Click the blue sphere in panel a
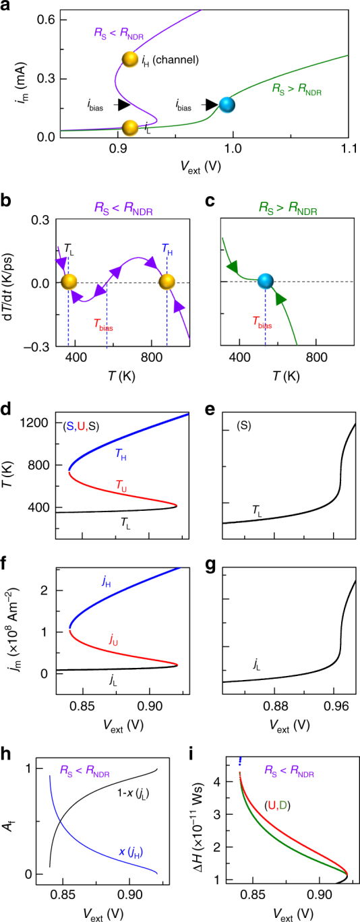pyautogui.click(x=227, y=105)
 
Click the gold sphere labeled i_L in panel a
pyautogui.click(x=129, y=127)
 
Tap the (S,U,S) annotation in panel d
pyautogui.click(x=87, y=426)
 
